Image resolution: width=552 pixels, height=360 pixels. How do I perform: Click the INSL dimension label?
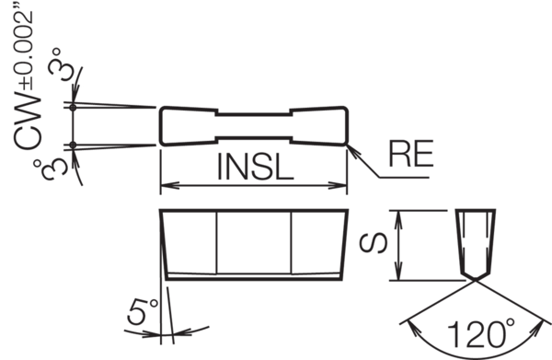pos(253,168)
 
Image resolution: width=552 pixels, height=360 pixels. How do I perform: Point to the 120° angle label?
pos(479,332)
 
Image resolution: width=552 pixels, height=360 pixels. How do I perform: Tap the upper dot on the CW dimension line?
pos(72,108)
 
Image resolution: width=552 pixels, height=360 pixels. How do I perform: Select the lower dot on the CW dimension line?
pos(72,144)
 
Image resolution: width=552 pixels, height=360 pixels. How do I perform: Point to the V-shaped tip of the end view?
pos(477,280)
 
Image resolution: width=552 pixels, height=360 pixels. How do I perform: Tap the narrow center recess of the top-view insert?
pos(253,126)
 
